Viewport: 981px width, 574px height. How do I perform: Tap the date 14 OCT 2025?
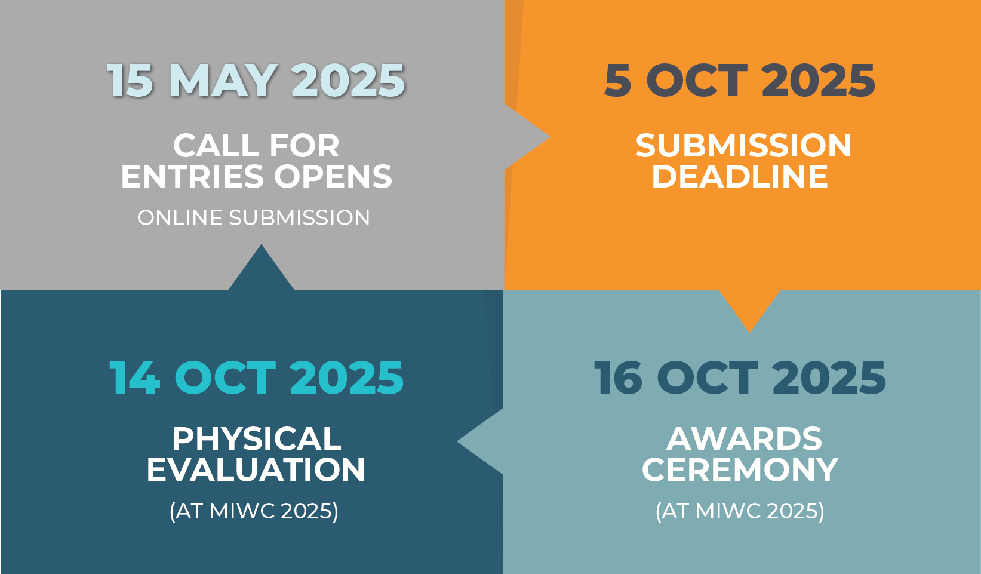point(256,377)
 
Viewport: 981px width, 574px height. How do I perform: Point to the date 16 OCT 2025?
point(740,377)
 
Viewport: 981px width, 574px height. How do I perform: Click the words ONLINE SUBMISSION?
point(254,218)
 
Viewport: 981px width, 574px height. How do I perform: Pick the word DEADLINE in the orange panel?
point(740,177)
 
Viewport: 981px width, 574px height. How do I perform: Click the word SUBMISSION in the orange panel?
point(743,146)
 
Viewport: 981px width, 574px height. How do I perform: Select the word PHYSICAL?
point(256,438)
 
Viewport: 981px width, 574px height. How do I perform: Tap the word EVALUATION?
point(256,469)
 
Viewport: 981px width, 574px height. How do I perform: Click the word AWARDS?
point(744,438)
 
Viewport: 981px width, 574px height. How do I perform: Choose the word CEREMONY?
point(740,469)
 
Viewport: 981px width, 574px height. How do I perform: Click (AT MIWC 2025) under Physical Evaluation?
point(254,511)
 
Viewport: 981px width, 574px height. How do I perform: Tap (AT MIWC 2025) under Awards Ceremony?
point(740,511)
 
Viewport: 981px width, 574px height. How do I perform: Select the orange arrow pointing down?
point(749,308)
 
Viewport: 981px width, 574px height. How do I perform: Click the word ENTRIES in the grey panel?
point(192,177)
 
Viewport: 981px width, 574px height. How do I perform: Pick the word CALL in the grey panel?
point(216,146)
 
